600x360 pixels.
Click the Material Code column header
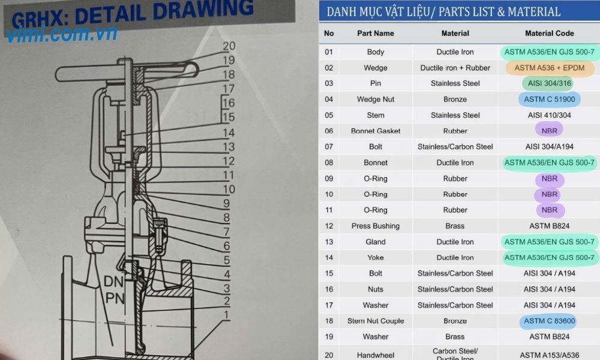pos(549,33)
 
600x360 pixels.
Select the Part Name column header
pos(376,33)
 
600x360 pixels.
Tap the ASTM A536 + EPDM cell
pos(550,68)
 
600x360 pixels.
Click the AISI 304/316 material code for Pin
pos(550,83)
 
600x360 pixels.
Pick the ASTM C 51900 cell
pos(550,100)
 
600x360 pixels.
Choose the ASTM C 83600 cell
pos(550,321)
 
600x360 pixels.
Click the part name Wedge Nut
pos(376,100)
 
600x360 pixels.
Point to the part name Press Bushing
pos(376,226)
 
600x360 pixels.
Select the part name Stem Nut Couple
pos(376,321)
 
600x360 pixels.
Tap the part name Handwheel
pos(376,355)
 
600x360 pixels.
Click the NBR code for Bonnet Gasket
pos(550,131)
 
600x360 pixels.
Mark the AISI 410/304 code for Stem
pos(550,115)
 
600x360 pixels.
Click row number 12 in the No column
pos(329,226)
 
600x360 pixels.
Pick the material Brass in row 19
pos(455,337)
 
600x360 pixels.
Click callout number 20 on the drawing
pos(229,46)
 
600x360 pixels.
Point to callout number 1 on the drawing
pos(227,315)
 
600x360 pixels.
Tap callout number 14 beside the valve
pos(229,133)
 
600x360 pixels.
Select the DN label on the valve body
pos(113,282)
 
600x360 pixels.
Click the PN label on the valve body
pos(115,298)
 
